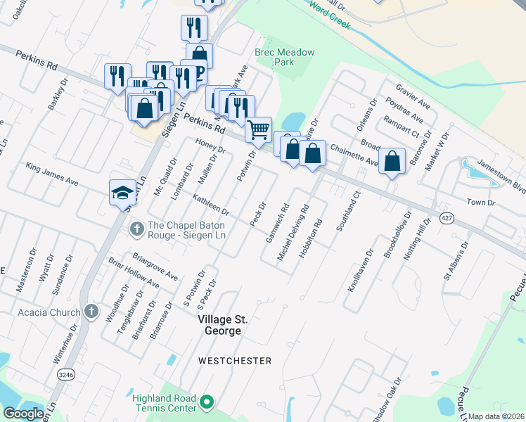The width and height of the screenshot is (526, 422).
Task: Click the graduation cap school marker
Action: [x=122, y=193]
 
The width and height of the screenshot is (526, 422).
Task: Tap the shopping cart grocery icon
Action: [x=258, y=129]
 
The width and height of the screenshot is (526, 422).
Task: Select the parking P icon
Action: [x=199, y=72]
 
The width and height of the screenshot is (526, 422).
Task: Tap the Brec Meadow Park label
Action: [x=284, y=58]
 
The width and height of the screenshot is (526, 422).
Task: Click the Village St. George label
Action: [x=223, y=325]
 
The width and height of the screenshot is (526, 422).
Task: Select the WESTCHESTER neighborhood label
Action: [x=235, y=361]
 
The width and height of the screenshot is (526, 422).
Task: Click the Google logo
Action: [x=24, y=414]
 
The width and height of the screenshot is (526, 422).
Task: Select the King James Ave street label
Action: [x=51, y=174]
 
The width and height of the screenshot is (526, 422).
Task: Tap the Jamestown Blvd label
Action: [x=501, y=174]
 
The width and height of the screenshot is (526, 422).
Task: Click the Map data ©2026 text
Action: [x=496, y=416]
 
